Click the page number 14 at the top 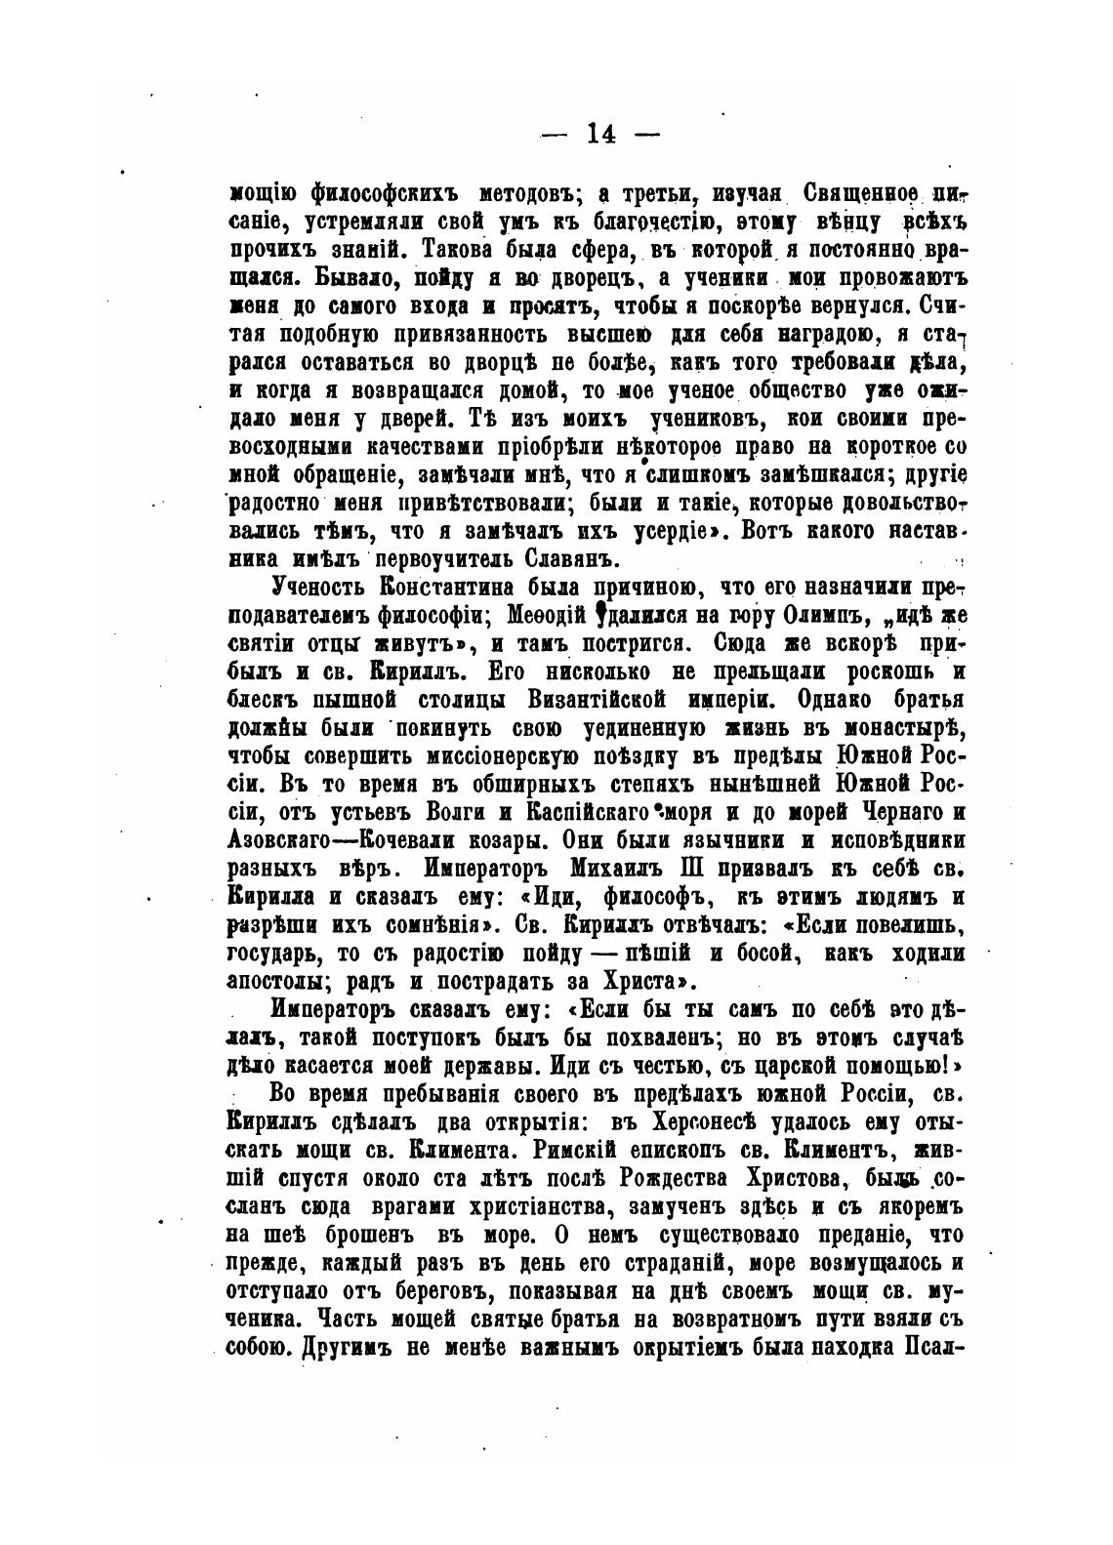600,134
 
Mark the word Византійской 583,700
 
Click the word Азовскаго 276,840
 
